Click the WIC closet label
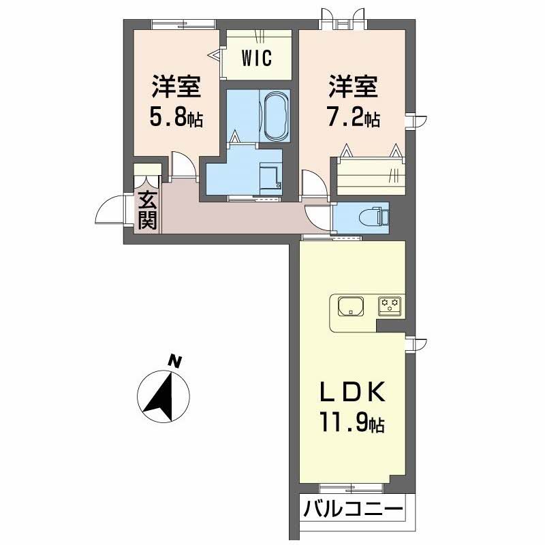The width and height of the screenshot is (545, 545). (257, 58)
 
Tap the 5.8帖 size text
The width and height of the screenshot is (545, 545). (176, 117)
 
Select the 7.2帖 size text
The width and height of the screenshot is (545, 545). (354, 117)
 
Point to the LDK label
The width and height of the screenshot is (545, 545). (352, 392)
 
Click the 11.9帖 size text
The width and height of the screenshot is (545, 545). (352, 422)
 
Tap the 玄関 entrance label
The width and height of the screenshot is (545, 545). (147, 210)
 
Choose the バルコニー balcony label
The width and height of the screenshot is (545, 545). (353, 510)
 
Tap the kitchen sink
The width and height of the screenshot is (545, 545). (351, 306)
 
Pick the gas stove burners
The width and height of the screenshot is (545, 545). (390, 305)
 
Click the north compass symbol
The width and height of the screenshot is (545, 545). (163, 396)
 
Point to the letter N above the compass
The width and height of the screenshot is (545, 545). (174, 361)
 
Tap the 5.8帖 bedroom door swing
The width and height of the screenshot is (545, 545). (183, 166)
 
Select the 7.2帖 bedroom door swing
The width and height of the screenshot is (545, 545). (314, 183)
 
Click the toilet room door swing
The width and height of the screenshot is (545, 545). (318, 217)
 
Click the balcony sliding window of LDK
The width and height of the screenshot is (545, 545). (352, 488)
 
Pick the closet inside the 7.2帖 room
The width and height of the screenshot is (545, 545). (371, 176)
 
